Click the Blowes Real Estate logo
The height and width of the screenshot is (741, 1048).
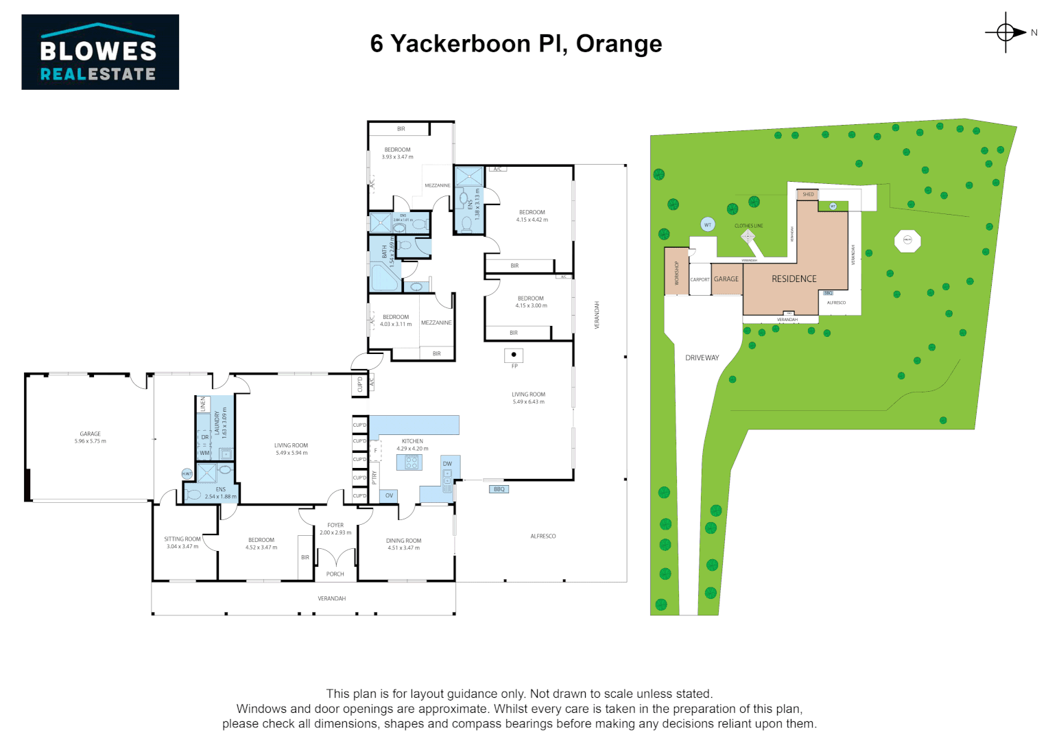click(100, 52)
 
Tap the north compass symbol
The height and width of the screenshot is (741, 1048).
click(1006, 32)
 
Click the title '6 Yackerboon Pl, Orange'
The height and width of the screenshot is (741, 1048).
click(516, 44)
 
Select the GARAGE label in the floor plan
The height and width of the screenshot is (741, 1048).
click(91, 434)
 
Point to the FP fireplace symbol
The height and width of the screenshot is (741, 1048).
click(514, 355)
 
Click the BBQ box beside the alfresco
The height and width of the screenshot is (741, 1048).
click(499, 489)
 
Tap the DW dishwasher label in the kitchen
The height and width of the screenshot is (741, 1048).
click(447, 464)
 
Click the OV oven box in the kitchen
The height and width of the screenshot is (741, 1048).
click(389, 495)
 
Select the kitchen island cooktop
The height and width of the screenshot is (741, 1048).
click(412, 462)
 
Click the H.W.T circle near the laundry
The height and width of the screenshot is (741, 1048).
click(187, 473)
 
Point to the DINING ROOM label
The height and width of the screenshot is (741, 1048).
click(403, 541)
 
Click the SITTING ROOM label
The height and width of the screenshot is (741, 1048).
click(182, 539)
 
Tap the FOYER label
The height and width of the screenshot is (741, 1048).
click(335, 526)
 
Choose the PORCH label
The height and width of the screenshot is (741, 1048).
click(335, 574)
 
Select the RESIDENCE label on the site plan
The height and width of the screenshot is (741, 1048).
click(794, 279)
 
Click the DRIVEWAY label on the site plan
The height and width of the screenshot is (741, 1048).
click(702, 358)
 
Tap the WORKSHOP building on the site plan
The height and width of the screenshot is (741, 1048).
click(676, 272)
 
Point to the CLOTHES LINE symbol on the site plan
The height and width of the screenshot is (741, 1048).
click(748, 236)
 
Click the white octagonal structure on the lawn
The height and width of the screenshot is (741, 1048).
click(907, 240)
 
